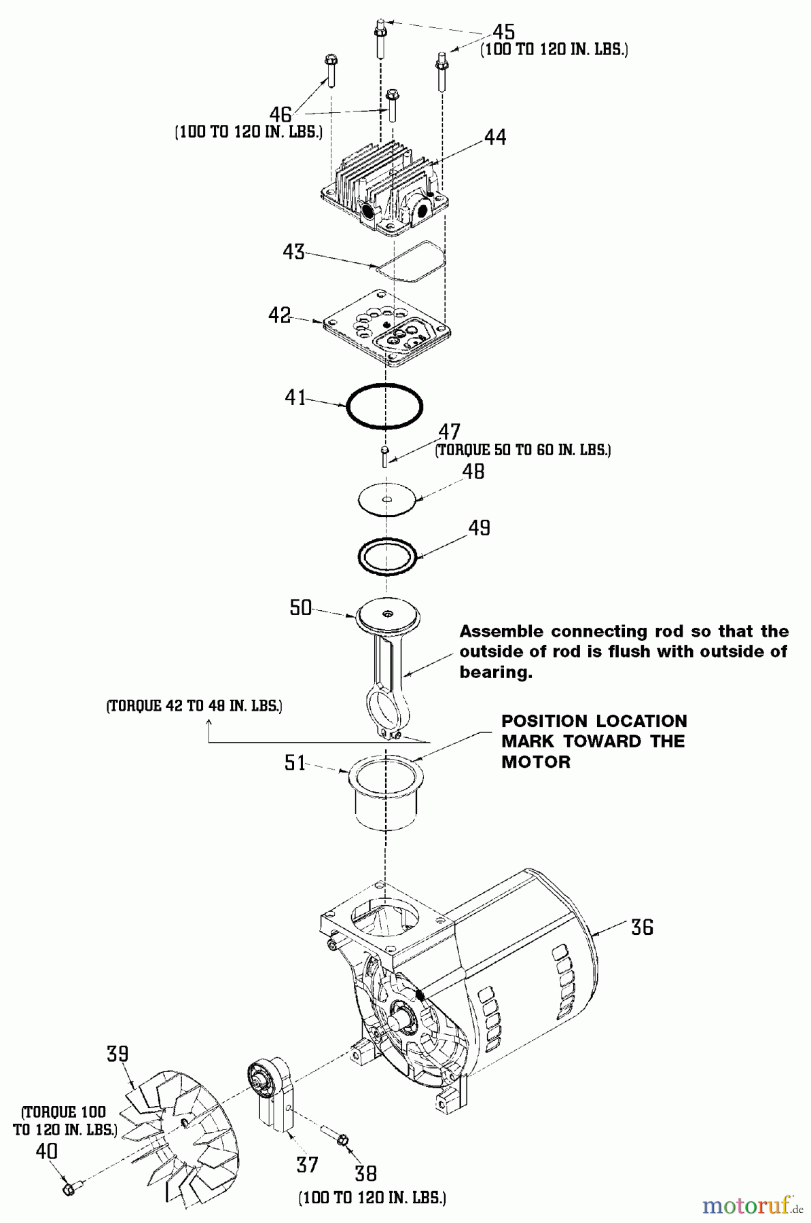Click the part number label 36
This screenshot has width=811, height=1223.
point(642,927)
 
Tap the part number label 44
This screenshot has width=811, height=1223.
point(494,137)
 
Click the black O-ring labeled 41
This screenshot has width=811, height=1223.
point(384,406)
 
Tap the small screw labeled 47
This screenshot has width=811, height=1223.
point(385,456)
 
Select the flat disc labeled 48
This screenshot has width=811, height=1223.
point(386,500)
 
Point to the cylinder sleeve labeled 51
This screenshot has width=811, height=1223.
point(385,793)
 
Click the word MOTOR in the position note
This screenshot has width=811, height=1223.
point(535,762)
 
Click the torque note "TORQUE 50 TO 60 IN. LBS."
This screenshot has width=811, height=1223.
point(523,450)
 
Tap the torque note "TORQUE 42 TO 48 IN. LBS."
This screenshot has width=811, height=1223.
point(194,706)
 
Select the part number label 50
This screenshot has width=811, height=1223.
point(300,607)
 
